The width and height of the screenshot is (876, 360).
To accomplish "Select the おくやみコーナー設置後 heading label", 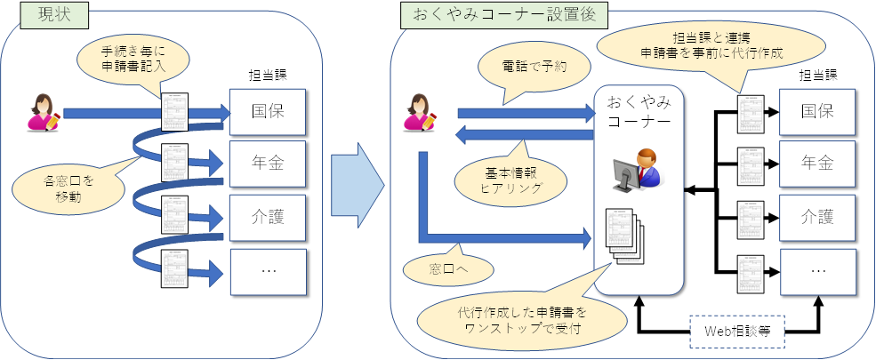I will [503, 14].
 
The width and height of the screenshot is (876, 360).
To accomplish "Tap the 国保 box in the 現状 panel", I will [269, 112].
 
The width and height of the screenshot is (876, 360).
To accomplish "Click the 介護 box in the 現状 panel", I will [269, 215].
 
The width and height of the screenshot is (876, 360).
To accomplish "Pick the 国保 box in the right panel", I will [817, 112].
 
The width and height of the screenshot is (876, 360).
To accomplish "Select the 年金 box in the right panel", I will [817, 164].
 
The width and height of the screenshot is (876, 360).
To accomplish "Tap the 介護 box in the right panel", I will [817, 216].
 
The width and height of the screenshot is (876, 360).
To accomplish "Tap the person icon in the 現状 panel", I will [44, 112].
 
